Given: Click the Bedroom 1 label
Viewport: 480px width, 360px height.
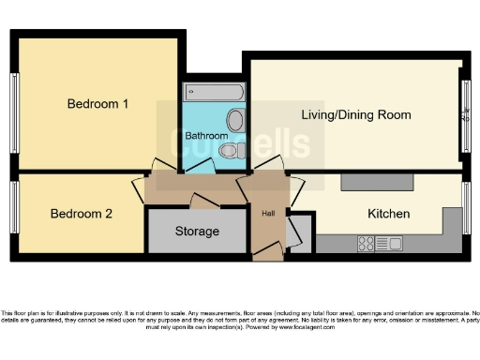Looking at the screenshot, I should coord(97,104).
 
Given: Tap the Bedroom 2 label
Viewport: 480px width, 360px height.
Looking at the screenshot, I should coord(82,214).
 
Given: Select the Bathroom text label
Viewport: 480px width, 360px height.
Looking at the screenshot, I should coord(205,135).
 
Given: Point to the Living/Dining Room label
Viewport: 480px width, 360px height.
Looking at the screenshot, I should coord(356,114).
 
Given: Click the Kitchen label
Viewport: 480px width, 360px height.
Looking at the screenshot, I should coord(388,214).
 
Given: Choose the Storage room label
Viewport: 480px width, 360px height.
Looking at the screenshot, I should coord(197,231).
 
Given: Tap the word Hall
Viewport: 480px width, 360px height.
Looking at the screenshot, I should coord(268,213).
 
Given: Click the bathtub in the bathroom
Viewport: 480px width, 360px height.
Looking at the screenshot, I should coord(215,92).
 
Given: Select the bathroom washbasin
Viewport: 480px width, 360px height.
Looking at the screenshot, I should coord(234,120).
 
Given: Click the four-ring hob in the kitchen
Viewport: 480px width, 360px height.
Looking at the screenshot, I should coord(367,244).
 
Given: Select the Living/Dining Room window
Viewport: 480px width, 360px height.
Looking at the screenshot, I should coord(466,117).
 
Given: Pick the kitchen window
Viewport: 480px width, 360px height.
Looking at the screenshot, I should coord(466,208).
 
